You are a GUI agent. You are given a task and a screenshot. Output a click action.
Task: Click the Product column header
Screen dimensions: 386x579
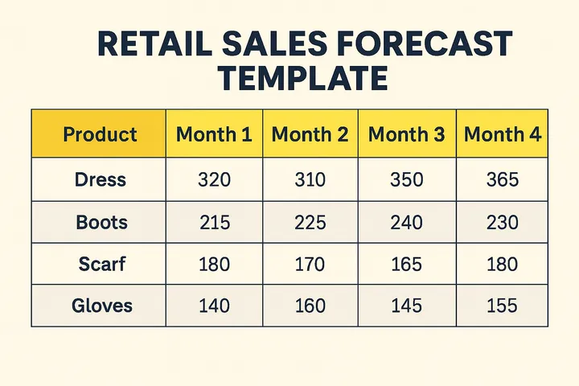click(x=100, y=134)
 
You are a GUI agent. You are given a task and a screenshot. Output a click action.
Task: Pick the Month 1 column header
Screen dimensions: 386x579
click(x=214, y=134)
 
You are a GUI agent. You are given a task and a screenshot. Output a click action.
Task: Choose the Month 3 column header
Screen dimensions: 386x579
click(x=406, y=134)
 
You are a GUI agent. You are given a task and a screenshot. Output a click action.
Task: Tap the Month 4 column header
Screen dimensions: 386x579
click(x=503, y=134)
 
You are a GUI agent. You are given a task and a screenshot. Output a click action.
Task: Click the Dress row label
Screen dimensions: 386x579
click(x=101, y=179)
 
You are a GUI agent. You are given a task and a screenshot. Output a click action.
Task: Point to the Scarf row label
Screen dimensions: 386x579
click(x=101, y=264)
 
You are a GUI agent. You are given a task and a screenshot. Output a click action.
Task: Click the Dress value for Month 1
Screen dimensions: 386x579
click(x=213, y=179)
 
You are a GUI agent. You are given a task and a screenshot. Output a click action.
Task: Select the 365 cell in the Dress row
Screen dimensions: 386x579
click(x=503, y=179)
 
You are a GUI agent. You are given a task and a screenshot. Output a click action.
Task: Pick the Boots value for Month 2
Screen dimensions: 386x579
click(x=310, y=222)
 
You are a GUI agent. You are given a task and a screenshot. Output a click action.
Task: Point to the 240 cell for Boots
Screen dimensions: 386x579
click(x=406, y=222)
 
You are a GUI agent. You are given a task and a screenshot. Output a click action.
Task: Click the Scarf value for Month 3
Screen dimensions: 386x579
click(x=406, y=264)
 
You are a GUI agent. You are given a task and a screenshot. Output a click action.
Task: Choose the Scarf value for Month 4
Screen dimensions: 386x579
click(x=503, y=264)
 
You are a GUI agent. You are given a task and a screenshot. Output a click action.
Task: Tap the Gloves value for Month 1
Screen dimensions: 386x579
click(x=213, y=306)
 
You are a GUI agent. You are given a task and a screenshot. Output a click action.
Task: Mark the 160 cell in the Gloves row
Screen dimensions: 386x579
click(x=310, y=306)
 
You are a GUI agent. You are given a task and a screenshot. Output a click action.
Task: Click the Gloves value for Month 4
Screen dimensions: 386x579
click(x=503, y=306)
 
